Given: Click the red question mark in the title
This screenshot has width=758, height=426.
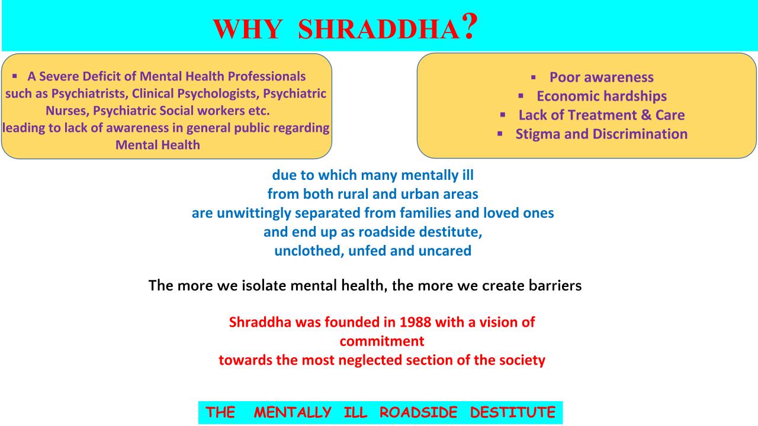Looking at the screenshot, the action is click(469, 27).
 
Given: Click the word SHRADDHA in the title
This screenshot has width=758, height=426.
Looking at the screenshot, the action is click(379, 30).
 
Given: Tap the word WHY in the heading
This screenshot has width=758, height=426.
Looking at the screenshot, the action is click(248, 30).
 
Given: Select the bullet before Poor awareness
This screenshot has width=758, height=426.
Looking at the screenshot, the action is click(534, 78).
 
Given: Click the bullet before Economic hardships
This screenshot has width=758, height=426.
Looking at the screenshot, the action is click(521, 96).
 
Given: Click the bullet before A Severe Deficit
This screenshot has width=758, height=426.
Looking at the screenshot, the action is click(15, 76).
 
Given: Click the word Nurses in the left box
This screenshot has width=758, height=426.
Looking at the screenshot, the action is click(68, 111).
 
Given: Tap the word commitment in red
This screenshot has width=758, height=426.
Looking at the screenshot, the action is click(382, 341).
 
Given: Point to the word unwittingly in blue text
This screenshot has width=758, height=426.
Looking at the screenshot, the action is click(254, 214).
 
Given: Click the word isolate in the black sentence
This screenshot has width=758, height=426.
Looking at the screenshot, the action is click(264, 286).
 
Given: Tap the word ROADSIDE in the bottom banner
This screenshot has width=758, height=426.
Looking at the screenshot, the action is click(418, 412).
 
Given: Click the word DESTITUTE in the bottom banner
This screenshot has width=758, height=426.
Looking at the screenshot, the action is click(513, 412).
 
